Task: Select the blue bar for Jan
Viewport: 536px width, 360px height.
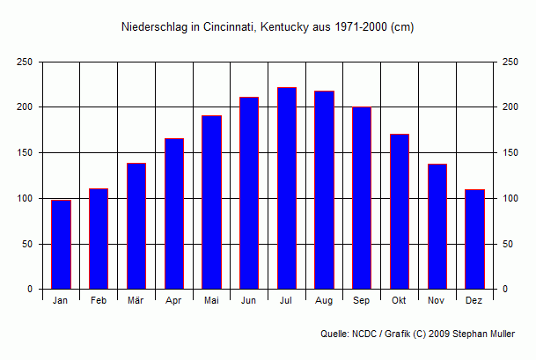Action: click(x=61, y=245)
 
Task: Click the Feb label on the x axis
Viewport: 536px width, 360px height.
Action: click(x=99, y=301)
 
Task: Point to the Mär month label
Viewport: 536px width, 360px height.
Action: click(x=136, y=301)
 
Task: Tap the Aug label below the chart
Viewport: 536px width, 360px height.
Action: click(x=324, y=301)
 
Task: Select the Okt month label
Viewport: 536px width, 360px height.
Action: click(x=400, y=301)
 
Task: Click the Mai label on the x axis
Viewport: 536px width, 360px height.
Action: click(x=211, y=301)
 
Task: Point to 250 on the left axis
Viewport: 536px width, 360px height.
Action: click(x=25, y=62)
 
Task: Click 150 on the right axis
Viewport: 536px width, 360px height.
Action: click(x=510, y=153)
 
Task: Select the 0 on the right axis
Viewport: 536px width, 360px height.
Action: click(x=504, y=290)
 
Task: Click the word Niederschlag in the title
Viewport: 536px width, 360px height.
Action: click(x=152, y=27)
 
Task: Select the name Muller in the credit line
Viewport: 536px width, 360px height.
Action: click(x=498, y=334)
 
